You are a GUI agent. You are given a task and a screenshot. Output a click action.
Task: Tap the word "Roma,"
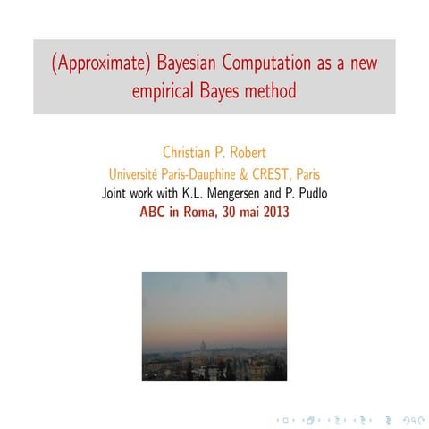(x=201, y=213)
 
